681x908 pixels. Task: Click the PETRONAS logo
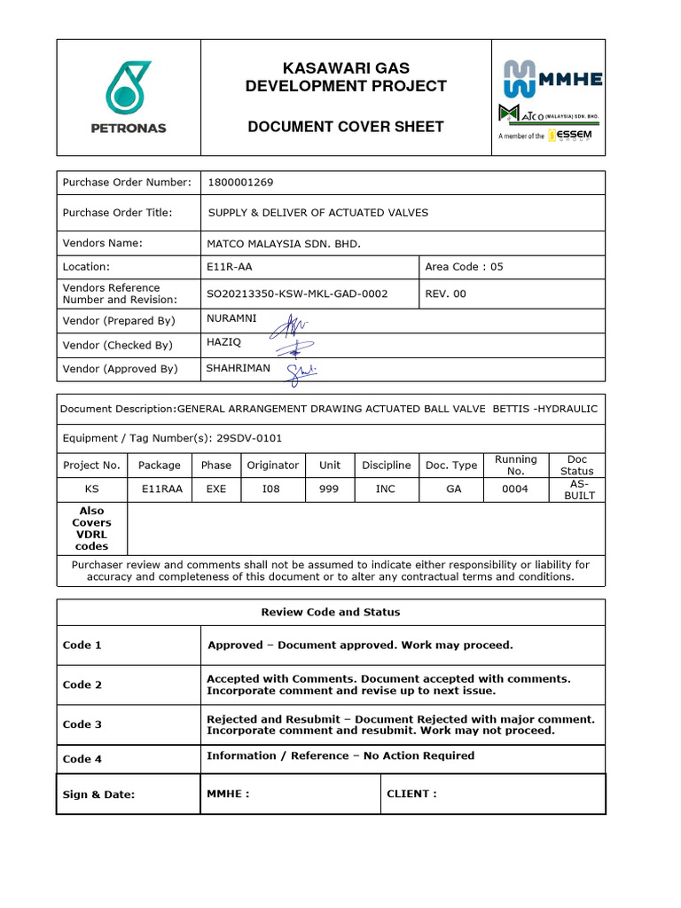pyautogui.click(x=129, y=98)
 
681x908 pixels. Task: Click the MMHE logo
pyautogui.click(x=553, y=78)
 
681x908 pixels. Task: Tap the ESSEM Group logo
pyautogui.click(x=570, y=136)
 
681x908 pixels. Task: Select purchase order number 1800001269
pyautogui.click(x=240, y=183)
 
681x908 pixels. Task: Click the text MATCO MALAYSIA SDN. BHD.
pyautogui.click(x=283, y=243)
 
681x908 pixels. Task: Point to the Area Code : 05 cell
pyautogui.click(x=464, y=266)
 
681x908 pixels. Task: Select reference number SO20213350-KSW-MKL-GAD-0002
pyautogui.click(x=297, y=294)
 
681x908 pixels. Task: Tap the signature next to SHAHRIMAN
pyautogui.click(x=300, y=372)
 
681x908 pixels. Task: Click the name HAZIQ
pyautogui.click(x=223, y=340)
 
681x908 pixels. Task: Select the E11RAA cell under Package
pyautogui.click(x=161, y=489)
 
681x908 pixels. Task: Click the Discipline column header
pyautogui.click(x=386, y=465)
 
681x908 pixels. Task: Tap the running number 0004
pyautogui.click(x=515, y=489)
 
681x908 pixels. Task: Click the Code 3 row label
pyautogui.click(x=82, y=724)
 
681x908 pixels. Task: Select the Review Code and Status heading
pyautogui.click(x=330, y=612)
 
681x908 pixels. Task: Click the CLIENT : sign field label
pyautogui.click(x=411, y=794)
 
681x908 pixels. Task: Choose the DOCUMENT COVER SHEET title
pyautogui.click(x=345, y=127)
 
